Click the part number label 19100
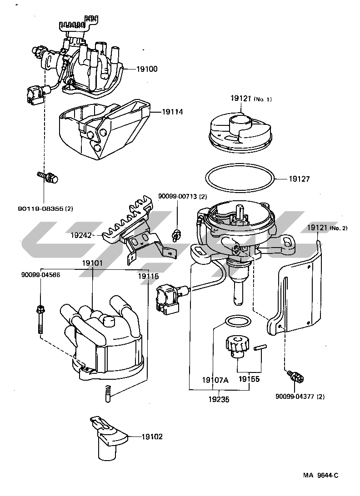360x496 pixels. (x=147, y=69)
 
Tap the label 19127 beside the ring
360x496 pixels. (x=299, y=179)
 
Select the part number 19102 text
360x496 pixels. (x=152, y=437)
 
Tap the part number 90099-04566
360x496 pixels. (x=40, y=275)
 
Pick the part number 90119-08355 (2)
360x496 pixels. (x=45, y=208)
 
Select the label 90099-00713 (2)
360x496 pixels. (x=182, y=196)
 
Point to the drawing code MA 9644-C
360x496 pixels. (x=321, y=476)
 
